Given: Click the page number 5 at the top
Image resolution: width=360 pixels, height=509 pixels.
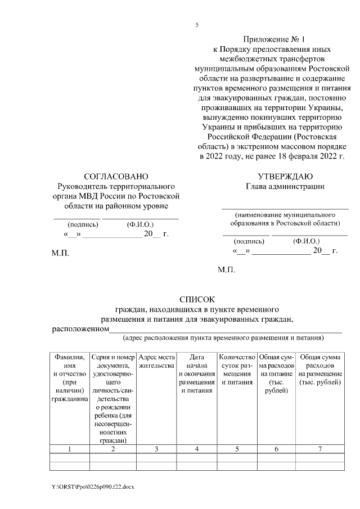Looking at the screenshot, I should (197, 25).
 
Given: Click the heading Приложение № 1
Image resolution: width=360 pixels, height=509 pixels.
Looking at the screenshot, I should (273, 39).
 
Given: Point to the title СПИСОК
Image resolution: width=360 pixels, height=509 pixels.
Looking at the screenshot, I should (196, 300).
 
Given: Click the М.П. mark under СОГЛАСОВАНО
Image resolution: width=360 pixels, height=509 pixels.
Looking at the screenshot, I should (60, 254).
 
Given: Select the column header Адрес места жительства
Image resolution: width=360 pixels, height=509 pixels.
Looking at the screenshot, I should (156, 361).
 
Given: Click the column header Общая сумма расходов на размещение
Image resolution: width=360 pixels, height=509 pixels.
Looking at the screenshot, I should (319, 370).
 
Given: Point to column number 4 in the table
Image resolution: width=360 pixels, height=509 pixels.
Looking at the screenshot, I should (197, 448).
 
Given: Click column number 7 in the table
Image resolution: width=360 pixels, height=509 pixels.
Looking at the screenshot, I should (319, 448).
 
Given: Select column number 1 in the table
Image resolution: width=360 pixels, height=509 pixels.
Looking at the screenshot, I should (70, 448).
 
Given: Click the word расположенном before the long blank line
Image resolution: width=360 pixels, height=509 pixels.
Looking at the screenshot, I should (80, 329).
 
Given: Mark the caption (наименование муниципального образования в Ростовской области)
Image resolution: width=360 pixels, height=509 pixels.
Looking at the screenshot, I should (285, 219).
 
